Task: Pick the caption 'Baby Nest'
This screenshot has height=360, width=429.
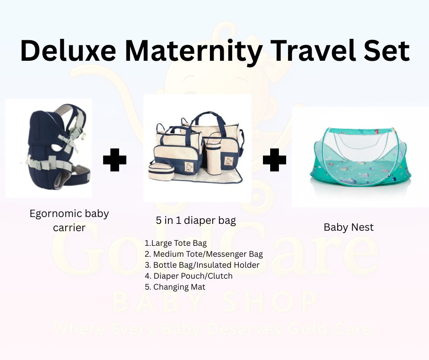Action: tap(349, 227)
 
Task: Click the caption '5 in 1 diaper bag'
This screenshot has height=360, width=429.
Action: tap(196, 221)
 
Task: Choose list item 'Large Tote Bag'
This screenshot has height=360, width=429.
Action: tap(176, 243)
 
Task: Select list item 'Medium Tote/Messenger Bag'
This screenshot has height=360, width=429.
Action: tap(204, 254)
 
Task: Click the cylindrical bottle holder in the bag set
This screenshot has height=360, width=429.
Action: tap(213, 158)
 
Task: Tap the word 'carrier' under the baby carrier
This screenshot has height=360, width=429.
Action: tap(69, 227)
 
